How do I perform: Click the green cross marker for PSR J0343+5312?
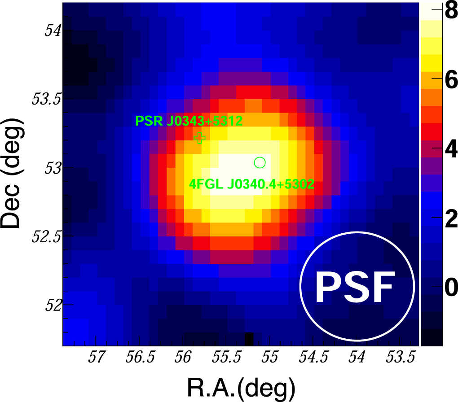click(200, 138)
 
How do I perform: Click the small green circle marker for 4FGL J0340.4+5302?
click(260, 162)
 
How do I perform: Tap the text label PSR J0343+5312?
click(189, 121)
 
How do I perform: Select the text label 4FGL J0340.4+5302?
click(251, 185)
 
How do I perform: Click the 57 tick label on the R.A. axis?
click(98, 359)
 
